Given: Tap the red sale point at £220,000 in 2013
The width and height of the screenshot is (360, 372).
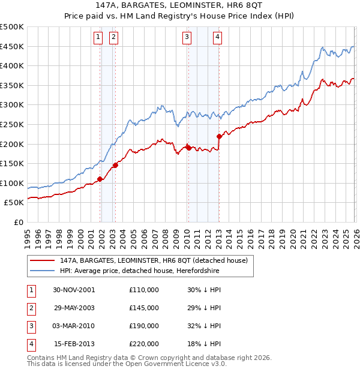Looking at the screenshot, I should (x=219, y=136).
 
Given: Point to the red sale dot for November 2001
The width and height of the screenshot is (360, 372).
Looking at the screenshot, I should (x=100, y=179).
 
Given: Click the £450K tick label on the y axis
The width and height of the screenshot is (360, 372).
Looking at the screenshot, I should (x=13, y=47).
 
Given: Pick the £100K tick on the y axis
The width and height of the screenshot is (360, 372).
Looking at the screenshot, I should (x=13, y=183).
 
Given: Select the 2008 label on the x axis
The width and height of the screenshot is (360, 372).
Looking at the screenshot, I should (x=165, y=238).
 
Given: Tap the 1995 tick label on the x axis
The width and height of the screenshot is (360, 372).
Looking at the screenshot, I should (x=28, y=238).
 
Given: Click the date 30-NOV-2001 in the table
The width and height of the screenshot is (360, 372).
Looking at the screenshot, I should (x=74, y=289).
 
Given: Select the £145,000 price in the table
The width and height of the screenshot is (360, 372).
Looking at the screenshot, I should (x=143, y=308).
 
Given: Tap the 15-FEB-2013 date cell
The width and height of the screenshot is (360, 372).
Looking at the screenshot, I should (x=74, y=344).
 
